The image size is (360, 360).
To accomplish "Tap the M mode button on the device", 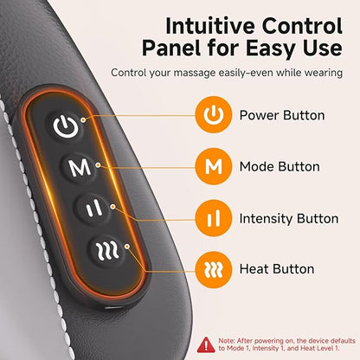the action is coord(80,168).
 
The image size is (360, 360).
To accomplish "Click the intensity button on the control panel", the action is coord(93,209).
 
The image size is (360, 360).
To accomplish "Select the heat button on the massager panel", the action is coord(107,250).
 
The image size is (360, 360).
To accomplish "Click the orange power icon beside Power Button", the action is coord(214,115).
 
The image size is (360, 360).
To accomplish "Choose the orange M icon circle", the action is coord(214,166).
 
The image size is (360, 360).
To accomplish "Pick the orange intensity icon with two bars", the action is coord(214,218).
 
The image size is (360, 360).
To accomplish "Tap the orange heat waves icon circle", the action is coord(214,270).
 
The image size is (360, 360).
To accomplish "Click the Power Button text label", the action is coord(282,115).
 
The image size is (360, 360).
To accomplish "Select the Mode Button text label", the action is coord(280,167).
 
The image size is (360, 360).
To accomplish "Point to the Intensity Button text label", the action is coord(289,218).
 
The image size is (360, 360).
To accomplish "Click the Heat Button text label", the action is coord(277,269).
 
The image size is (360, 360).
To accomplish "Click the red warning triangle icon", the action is coord(206,344).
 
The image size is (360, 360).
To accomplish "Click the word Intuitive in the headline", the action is coord(209,26).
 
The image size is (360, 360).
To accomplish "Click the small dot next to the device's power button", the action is coord(83,119).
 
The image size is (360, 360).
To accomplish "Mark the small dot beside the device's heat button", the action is coord(127,247).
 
